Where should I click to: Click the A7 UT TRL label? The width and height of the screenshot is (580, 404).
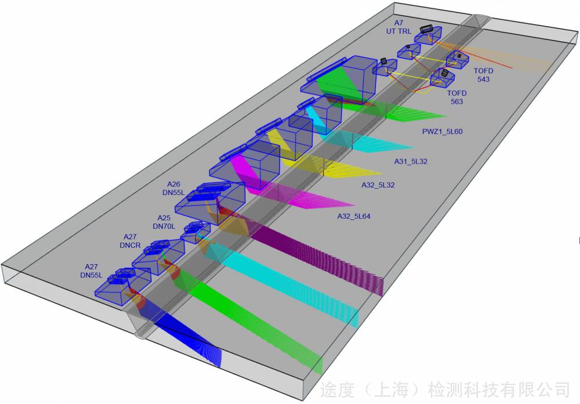[398, 27]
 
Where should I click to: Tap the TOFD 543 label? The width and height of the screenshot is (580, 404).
[484, 75]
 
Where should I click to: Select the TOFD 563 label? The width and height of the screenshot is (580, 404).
[457, 98]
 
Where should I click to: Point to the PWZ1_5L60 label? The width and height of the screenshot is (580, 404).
[443, 131]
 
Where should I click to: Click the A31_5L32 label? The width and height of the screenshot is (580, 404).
[411, 161]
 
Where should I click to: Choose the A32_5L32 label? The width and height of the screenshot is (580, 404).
[378, 185]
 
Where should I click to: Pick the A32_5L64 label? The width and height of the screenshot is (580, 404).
[354, 217]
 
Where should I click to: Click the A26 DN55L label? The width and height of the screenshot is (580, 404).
[173, 188]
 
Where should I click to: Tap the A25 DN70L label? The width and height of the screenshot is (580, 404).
[164, 222]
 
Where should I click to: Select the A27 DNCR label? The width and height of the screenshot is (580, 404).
[130, 241]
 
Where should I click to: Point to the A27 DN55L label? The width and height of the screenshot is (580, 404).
[92, 270]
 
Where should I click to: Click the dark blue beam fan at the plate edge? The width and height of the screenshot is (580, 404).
[185, 337]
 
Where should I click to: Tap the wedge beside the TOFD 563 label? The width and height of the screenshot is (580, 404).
[443, 78]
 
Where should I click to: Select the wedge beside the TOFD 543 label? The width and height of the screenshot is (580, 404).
[458, 59]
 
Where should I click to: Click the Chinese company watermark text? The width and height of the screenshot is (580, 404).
[445, 390]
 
